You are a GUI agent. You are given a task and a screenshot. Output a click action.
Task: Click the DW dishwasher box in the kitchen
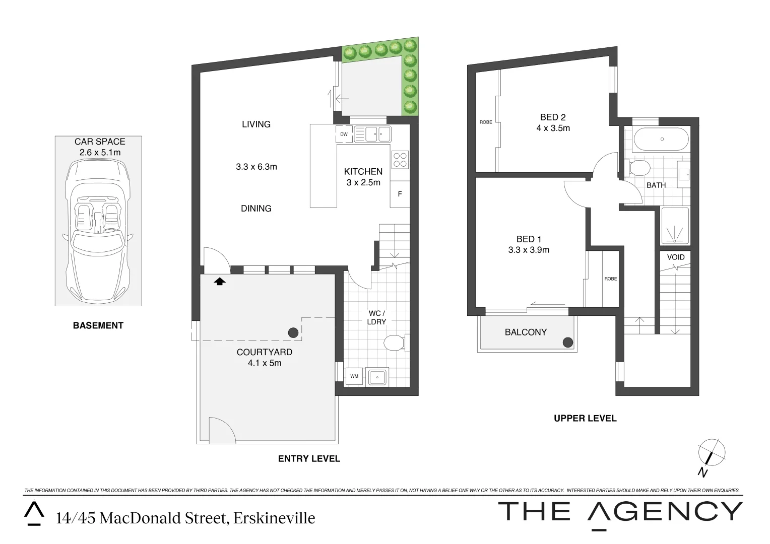click(x=344, y=134)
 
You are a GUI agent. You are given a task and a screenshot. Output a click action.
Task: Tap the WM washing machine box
click(x=354, y=376)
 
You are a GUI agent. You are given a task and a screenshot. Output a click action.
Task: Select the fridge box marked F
click(x=400, y=194)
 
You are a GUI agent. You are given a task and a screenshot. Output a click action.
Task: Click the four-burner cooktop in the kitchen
click(x=400, y=160)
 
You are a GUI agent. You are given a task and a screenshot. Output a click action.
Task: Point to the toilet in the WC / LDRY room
click(x=394, y=344)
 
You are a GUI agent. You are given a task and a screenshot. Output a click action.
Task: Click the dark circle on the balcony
click(x=568, y=343)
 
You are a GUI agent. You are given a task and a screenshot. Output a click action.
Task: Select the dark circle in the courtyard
click(x=292, y=332)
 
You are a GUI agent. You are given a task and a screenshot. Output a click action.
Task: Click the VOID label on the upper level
click(x=676, y=257)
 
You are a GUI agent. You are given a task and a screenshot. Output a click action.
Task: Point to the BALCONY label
click(x=526, y=332)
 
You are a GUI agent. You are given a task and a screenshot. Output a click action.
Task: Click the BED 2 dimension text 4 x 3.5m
click(x=553, y=128)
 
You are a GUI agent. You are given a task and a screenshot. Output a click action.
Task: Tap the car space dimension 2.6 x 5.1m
click(x=100, y=152)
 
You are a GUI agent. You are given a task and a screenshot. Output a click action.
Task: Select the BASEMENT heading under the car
click(x=98, y=325)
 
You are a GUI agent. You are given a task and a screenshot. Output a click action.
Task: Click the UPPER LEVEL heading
click(x=585, y=418)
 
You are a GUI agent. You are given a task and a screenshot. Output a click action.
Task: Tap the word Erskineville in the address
click(x=274, y=518)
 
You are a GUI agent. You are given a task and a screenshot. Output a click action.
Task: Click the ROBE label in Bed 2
click(x=486, y=122)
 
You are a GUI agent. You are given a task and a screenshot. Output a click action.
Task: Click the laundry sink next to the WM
click(x=377, y=376)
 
